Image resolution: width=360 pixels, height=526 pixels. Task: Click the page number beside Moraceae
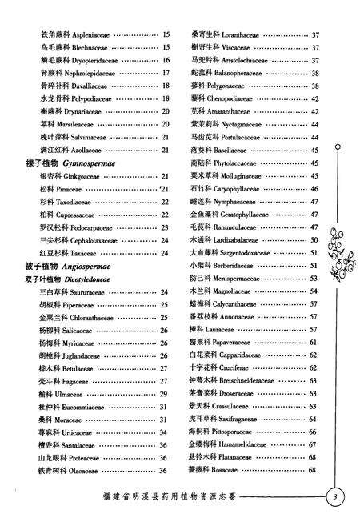[162, 419]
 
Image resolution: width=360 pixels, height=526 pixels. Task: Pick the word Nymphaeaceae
[241, 201]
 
